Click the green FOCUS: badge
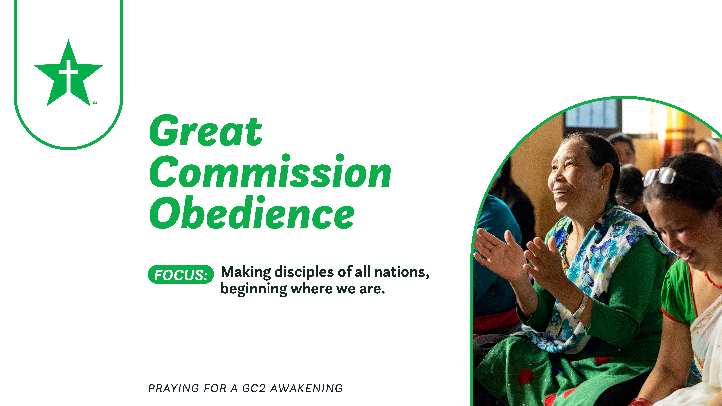[x=181, y=274]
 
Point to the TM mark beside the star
[x=95, y=103]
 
